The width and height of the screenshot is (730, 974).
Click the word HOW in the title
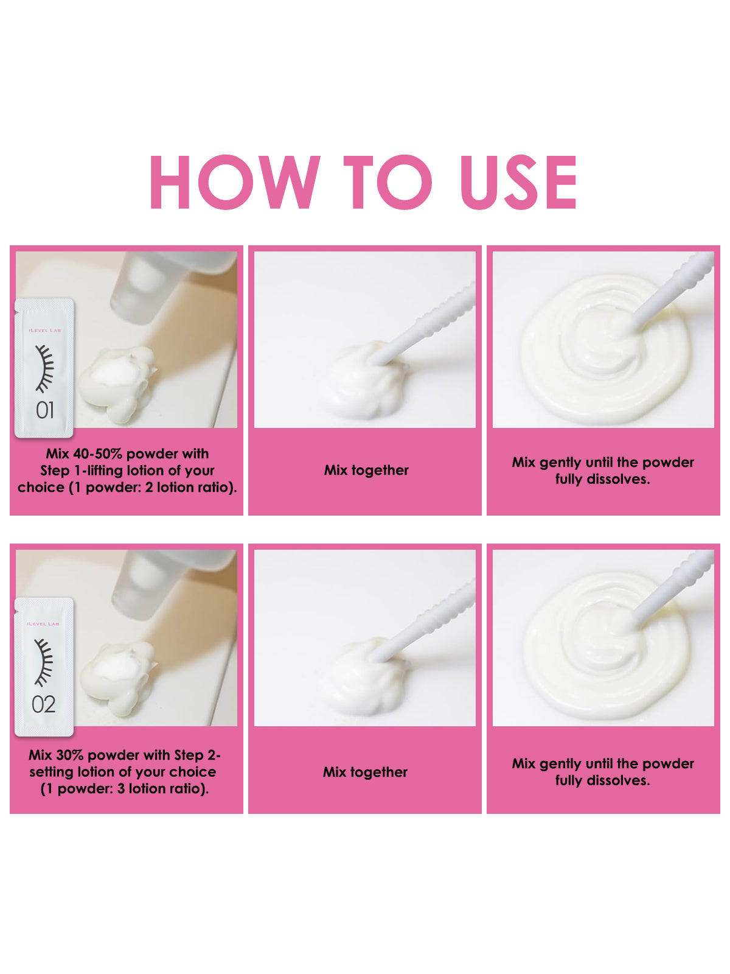[x=235, y=182]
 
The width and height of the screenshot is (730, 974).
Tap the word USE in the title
[x=518, y=182]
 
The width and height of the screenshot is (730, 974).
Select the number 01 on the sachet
[x=45, y=410]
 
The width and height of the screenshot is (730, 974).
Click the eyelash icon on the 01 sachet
[x=44, y=368]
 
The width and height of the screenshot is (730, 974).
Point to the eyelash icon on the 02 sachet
[x=43, y=663]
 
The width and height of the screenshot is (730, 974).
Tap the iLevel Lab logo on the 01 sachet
[x=44, y=330]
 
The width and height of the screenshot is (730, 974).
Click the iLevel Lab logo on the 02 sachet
[x=43, y=624]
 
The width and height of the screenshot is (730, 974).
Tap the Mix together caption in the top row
[x=366, y=471]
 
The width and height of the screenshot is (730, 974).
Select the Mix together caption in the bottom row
[x=365, y=772]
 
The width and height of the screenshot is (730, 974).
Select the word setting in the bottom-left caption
[x=52, y=772]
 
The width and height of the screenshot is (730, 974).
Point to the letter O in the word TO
[x=404, y=182]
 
